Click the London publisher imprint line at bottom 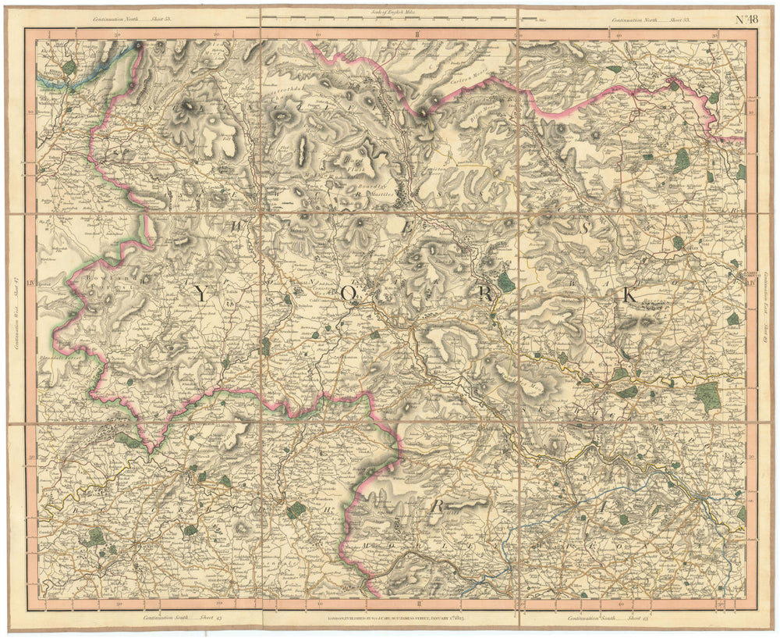388,617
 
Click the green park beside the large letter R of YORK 507,282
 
